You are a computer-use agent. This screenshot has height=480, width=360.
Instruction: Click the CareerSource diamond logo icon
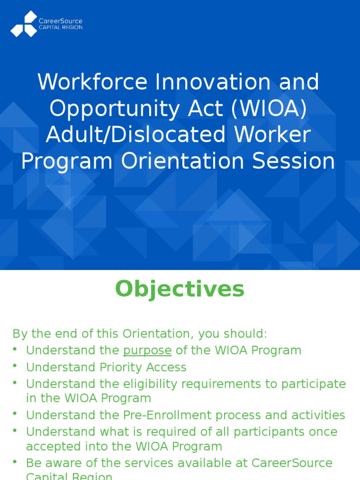[24, 24]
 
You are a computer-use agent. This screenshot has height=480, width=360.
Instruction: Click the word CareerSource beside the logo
[60, 21]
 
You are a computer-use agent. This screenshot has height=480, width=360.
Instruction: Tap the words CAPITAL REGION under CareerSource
[60, 28]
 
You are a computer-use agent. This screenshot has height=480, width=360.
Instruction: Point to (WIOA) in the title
[269, 109]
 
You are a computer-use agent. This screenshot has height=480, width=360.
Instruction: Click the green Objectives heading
[180, 289]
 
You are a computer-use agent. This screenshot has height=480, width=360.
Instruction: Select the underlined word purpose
[147, 350]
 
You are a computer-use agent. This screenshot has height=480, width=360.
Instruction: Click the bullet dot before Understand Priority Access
[15, 366]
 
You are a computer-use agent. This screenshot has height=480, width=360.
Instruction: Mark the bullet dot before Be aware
[15, 462]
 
